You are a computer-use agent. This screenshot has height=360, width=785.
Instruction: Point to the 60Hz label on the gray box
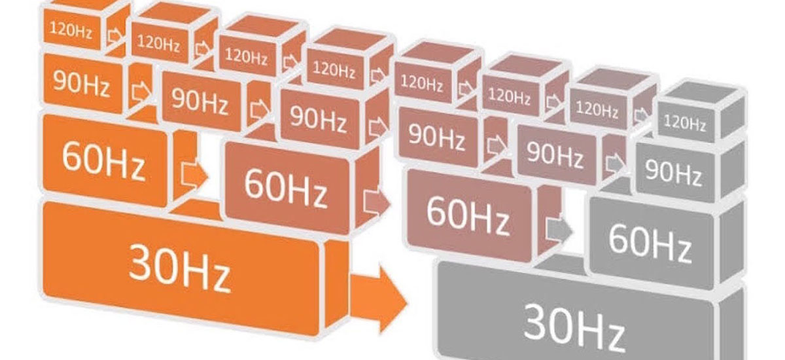(x=649, y=242)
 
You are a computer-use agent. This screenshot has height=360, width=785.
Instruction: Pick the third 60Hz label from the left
(x=467, y=214)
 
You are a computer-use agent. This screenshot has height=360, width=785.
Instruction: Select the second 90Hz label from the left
(x=200, y=99)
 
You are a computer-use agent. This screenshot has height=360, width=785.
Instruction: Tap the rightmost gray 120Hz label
(x=684, y=122)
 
